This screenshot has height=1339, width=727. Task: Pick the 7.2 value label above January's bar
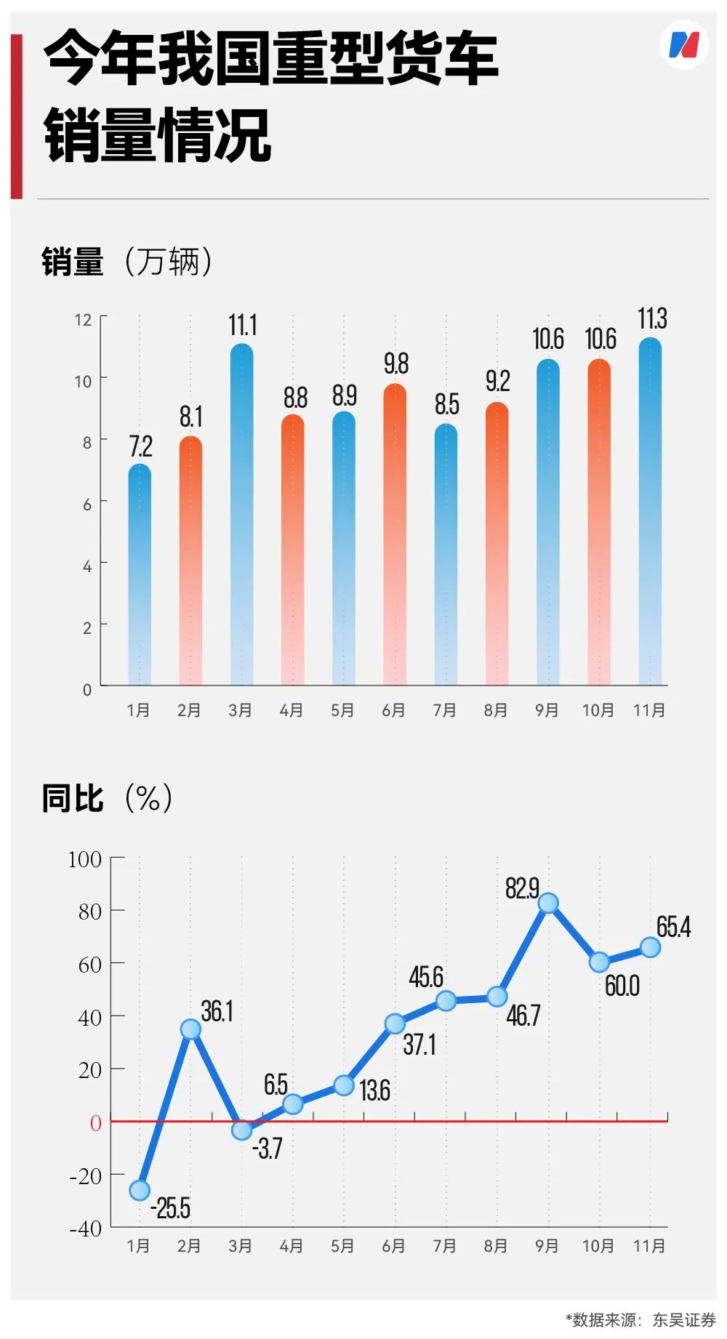click(x=140, y=446)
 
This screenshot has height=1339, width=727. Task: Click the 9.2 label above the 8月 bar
click(x=497, y=380)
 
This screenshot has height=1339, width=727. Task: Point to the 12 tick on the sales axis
click(x=83, y=320)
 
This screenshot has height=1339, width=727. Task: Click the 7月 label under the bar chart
click(x=445, y=710)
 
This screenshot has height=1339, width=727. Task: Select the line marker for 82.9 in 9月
click(x=548, y=904)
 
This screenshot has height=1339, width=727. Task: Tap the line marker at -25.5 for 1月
click(x=140, y=1190)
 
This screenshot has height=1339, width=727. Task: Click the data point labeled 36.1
click(x=190, y=1029)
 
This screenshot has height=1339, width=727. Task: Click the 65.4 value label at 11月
click(x=673, y=927)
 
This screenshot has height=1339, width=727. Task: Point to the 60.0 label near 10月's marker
click(x=622, y=986)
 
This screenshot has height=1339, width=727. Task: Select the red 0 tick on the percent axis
click(x=95, y=1123)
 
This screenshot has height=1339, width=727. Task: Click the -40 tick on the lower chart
click(x=86, y=1229)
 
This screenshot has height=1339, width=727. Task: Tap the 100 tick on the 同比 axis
click(x=84, y=860)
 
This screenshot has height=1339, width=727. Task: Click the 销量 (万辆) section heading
click(x=127, y=261)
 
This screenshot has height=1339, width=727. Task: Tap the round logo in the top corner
click(x=683, y=45)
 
